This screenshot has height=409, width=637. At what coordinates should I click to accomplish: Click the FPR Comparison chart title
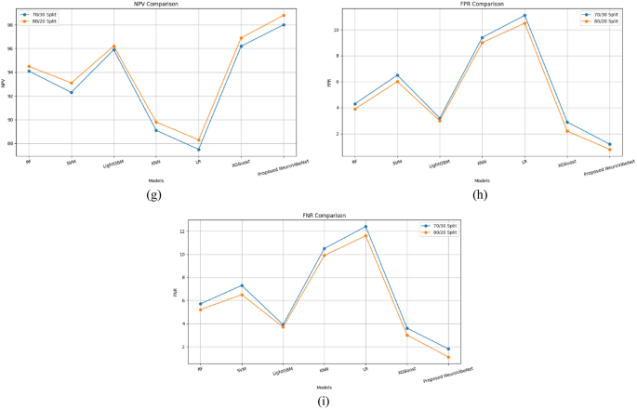482,5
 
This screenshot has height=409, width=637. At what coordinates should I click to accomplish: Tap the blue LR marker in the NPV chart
199,149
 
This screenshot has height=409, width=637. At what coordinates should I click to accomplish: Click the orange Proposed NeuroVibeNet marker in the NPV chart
284,15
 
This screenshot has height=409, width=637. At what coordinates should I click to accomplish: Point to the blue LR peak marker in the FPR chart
524,15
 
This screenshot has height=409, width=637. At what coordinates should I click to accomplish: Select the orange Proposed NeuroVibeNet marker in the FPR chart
610,150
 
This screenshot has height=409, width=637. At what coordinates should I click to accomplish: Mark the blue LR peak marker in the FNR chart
365,227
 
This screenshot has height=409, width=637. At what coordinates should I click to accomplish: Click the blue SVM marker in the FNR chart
242,285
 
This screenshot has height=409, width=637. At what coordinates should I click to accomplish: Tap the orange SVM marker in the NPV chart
72,83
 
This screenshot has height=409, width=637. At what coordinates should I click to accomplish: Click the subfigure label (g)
154,194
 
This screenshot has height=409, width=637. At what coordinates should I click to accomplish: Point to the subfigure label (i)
322,402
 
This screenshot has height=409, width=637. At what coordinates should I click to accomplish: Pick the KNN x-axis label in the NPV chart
154,160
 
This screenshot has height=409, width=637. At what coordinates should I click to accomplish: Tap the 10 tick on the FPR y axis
336,30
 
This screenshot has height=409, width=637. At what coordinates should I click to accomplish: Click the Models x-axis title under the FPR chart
482,180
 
